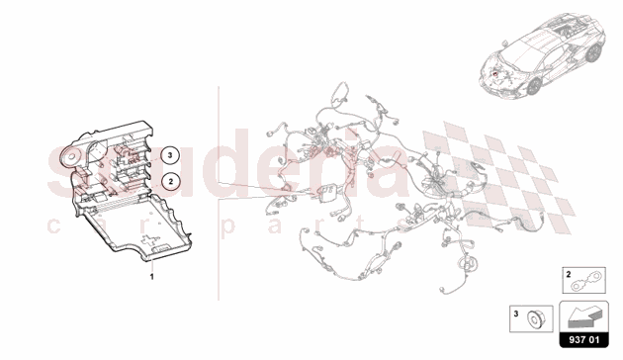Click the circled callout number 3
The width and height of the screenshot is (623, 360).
pyautogui.click(x=170, y=155)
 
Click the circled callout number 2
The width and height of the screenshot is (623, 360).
pyautogui.click(x=170, y=182)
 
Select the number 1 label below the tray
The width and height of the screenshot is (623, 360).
pyautogui.click(x=151, y=277)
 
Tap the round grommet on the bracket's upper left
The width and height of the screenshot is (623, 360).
pyautogui.click(x=71, y=156)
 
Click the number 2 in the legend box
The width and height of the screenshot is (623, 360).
pyautogui.click(x=569, y=274)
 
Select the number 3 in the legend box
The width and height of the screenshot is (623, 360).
pyautogui.click(x=516, y=314)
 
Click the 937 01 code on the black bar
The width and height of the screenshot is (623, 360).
pyautogui.click(x=583, y=340)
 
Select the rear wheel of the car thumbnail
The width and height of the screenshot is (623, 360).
pyautogui.click(x=592, y=52)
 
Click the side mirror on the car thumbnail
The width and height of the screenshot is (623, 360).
pyautogui.click(x=505, y=43)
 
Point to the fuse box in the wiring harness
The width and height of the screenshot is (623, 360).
pyautogui.click(x=327, y=193)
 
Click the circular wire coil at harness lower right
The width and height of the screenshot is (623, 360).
pyautogui.click(x=468, y=263)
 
